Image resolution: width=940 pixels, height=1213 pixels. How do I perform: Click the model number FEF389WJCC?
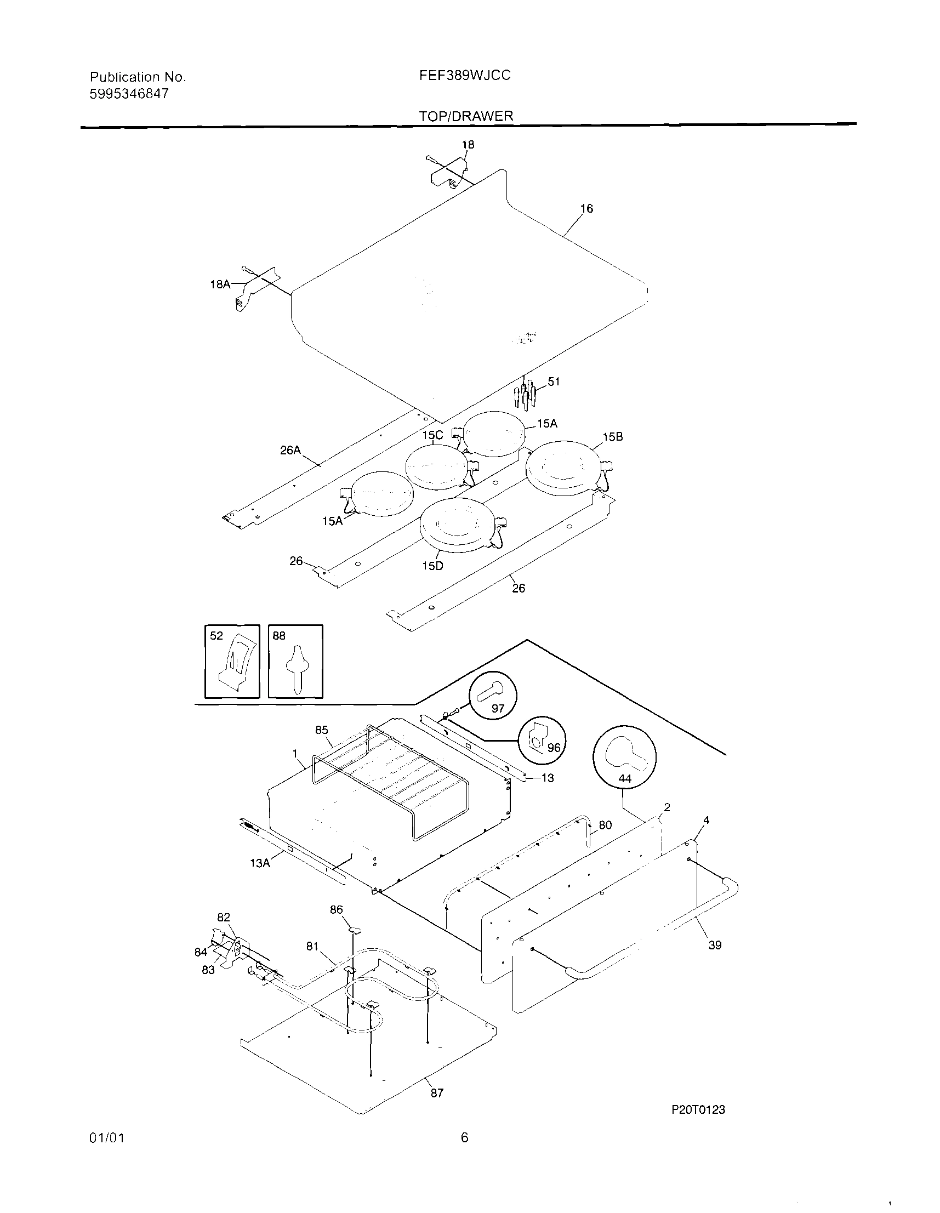coord(464,75)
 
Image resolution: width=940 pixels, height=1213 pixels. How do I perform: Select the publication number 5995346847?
coord(129,94)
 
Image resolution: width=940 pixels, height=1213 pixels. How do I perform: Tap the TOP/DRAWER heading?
coord(466,116)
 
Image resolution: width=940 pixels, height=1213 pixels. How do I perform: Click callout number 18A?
coord(219,284)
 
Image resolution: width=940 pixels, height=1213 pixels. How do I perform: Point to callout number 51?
coord(554,381)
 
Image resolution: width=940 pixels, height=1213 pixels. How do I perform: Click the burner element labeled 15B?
coord(563,468)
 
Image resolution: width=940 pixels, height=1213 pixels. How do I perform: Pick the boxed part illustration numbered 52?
coord(232,661)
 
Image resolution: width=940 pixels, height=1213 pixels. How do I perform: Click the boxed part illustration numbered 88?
coord(295,661)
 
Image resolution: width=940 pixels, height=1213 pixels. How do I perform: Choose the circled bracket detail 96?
coord(542,741)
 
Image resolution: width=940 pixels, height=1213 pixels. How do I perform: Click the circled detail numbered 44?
coord(624,756)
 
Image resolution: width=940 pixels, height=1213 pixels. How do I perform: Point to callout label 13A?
coord(259,863)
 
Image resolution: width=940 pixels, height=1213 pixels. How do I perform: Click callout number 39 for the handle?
coord(715,945)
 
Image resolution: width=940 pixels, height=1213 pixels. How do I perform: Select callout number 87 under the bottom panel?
coord(437,1093)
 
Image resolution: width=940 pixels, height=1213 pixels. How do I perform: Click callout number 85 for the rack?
coord(322,730)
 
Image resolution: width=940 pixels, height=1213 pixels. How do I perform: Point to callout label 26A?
coord(290,450)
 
